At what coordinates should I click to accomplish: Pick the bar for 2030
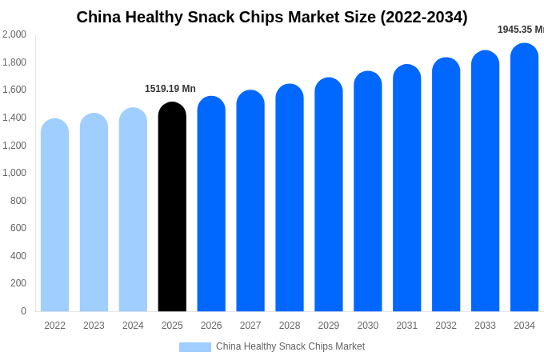368,191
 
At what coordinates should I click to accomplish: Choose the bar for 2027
250,201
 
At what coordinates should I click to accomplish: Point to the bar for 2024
133,210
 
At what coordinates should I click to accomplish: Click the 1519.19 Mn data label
170,89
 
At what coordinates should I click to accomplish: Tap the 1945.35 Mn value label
521,30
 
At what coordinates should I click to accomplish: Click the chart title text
272,17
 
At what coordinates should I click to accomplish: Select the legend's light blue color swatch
195,347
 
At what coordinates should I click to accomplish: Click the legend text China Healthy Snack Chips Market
290,346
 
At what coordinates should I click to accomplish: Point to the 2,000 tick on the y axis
14,34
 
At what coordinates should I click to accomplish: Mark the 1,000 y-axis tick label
14,173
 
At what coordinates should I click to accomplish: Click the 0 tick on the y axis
23,311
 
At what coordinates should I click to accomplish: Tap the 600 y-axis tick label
18,228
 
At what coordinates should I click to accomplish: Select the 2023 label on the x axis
94,326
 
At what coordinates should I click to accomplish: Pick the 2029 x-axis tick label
329,326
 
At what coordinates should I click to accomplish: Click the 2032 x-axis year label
446,326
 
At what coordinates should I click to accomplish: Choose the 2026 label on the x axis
211,326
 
